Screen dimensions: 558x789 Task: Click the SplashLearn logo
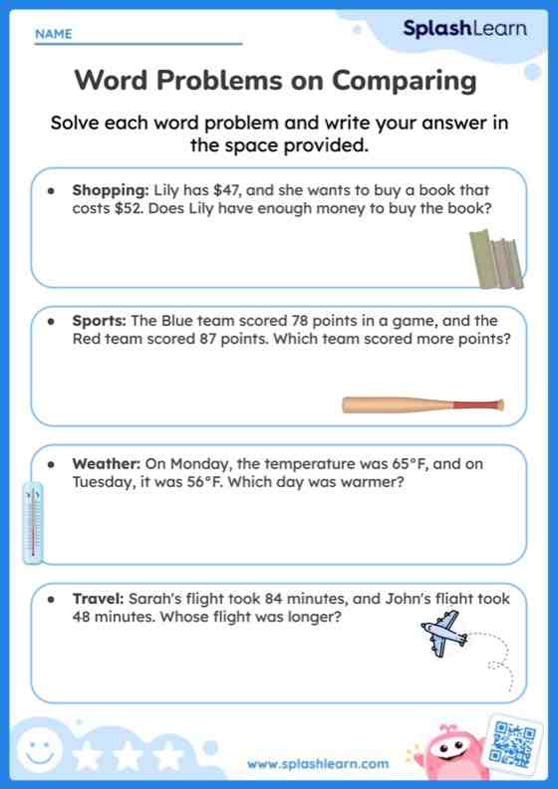click(464, 29)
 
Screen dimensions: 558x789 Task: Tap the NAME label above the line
click(53, 34)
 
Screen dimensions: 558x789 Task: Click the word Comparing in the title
click(405, 80)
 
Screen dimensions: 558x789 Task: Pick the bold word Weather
click(106, 463)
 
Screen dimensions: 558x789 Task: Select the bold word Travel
click(97, 599)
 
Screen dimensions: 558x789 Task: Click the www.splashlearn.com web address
click(318, 764)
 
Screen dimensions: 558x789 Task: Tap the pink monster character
click(445, 753)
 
